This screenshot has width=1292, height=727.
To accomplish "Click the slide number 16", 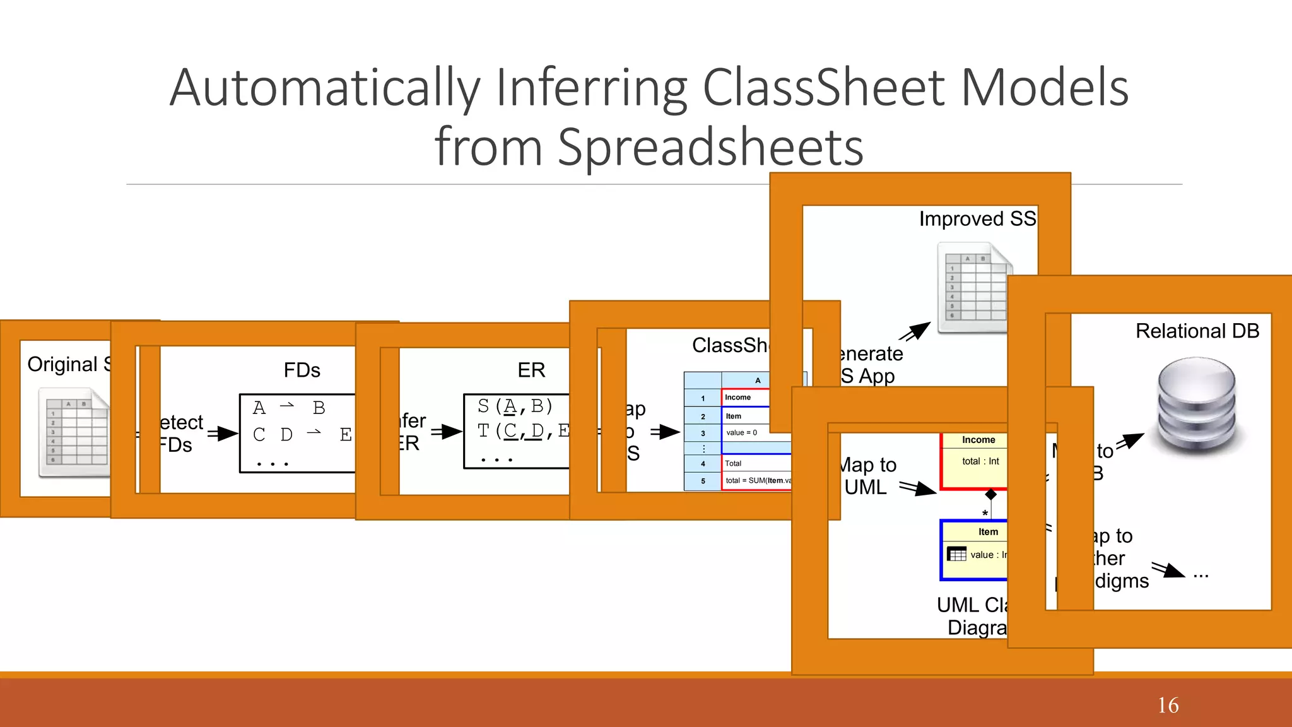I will pos(1168,705).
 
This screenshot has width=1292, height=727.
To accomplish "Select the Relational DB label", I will pos(1197,331).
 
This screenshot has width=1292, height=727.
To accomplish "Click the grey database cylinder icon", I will pos(1197,401).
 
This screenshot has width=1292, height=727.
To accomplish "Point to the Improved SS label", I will pos(977,218).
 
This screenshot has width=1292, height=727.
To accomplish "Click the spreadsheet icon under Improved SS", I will pos(975,287).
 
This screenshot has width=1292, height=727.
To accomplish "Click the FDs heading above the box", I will pos(302,370).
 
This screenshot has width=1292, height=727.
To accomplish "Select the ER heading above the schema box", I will pos(531,370).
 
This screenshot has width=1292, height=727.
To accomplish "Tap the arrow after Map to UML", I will pos(918,488).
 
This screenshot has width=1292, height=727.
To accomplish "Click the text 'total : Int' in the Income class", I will pos(980,461).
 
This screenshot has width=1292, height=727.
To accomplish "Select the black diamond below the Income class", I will pos(991,494).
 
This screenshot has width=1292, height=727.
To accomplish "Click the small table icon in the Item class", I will pos(956,554).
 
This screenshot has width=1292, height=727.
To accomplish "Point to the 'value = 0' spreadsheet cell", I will pos(742,433).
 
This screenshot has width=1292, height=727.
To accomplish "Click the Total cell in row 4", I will pos(733,463).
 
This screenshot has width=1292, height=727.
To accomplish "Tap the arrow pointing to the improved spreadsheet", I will pos(915,331).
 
